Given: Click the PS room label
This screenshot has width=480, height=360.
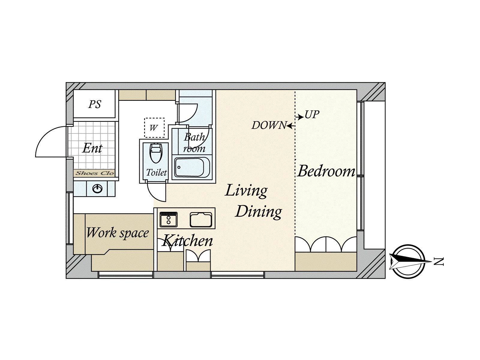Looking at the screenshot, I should [94, 104].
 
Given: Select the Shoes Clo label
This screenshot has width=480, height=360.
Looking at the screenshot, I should [94, 173].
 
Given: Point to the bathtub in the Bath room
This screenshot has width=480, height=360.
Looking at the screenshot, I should [192, 167].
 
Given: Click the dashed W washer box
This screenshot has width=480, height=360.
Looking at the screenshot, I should [154, 128].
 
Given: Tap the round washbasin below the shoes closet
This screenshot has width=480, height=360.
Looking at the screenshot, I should [97, 189].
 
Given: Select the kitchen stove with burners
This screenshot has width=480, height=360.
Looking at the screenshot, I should [169, 220].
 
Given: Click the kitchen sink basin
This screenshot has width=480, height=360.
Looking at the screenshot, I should [201, 220].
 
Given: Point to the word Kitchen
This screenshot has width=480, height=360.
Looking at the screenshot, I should [187, 241].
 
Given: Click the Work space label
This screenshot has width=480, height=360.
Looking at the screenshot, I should [117, 233].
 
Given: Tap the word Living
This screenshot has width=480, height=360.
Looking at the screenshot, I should [246, 191].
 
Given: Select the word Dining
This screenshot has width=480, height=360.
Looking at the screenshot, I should [259, 212].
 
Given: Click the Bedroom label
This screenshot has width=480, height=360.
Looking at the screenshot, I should [326, 171].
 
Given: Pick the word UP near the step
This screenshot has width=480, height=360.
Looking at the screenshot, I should [312, 115].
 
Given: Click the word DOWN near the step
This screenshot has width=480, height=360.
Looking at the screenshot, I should [269, 125].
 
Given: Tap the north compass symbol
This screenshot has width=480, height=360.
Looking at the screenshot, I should [409, 262].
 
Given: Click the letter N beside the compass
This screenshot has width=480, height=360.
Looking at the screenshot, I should [439, 262].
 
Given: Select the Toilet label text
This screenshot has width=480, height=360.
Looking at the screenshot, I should [156, 172].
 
